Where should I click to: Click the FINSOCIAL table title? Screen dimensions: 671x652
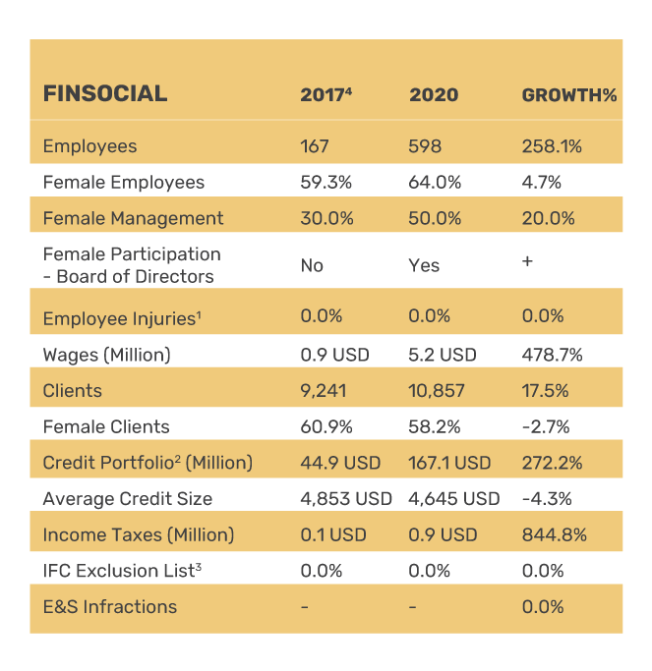(x=105, y=94)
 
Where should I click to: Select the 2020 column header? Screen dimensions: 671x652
(x=434, y=95)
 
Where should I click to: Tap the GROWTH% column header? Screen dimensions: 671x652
(x=568, y=95)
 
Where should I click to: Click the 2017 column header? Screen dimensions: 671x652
(x=326, y=95)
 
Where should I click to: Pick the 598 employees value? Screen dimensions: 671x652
(x=425, y=146)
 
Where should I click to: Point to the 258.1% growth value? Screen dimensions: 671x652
(x=552, y=146)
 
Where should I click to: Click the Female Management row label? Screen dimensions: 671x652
(x=133, y=218)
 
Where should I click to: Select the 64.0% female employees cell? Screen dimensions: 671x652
(x=435, y=182)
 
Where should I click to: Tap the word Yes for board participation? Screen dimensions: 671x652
(x=424, y=265)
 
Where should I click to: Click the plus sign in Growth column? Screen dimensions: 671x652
(x=527, y=262)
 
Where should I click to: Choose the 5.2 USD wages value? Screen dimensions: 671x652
(x=443, y=355)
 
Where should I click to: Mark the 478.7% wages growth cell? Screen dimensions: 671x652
(x=552, y=355)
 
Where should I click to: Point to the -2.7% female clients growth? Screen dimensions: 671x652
(x=546, y=426)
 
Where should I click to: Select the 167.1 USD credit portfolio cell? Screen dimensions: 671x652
(x=449, y=463)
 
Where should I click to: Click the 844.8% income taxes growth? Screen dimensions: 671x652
(x=554, y=534)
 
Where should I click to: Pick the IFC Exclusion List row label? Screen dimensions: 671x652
(x=122, y=570)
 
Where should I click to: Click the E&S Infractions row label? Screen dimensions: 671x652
(x=110, y=606)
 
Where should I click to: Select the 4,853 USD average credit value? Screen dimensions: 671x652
(x=346, y=498)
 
